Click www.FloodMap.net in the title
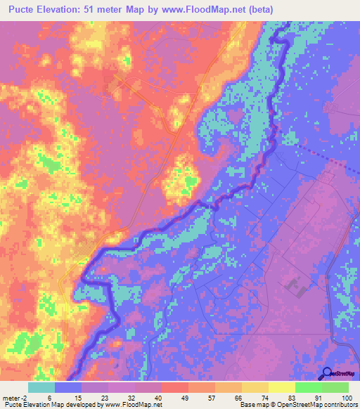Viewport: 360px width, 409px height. [215, 10]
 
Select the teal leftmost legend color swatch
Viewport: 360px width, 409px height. [41, 387]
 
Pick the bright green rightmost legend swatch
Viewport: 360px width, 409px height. [335, 387]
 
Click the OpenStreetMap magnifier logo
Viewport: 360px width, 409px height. [327, 374]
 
